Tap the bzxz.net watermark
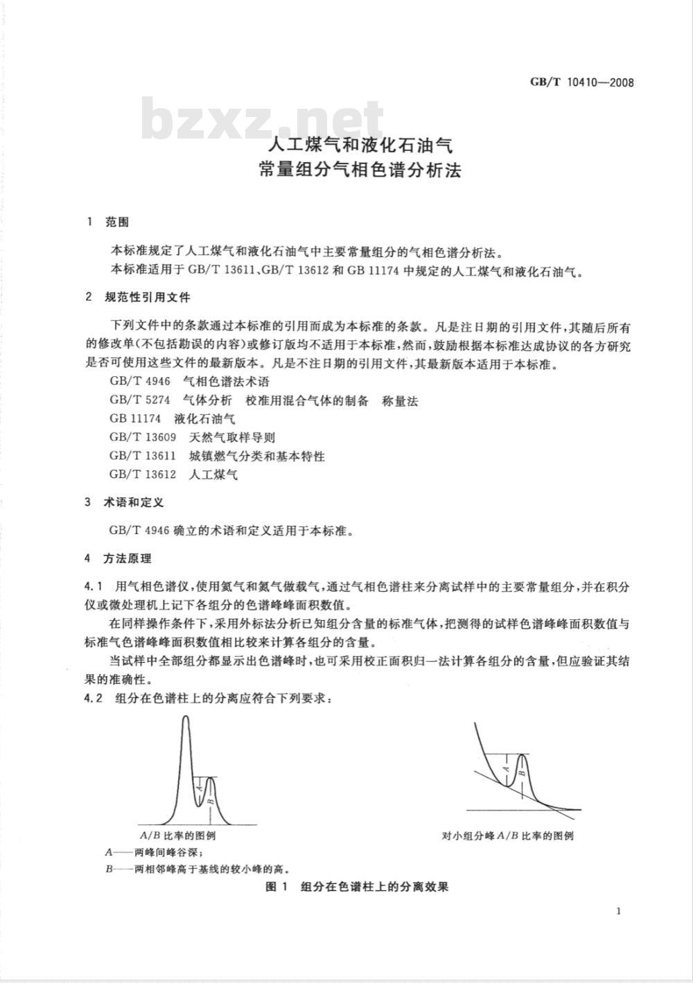click(263, 122)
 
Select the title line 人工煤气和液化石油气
click(360, 147)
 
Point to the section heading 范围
click(117, 222)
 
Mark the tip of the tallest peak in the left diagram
click(185, 717)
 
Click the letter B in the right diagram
click(523, 768)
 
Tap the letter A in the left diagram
click(200, 787)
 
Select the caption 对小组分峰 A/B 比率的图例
click(507, 835)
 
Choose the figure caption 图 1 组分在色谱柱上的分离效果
click(358, 887)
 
